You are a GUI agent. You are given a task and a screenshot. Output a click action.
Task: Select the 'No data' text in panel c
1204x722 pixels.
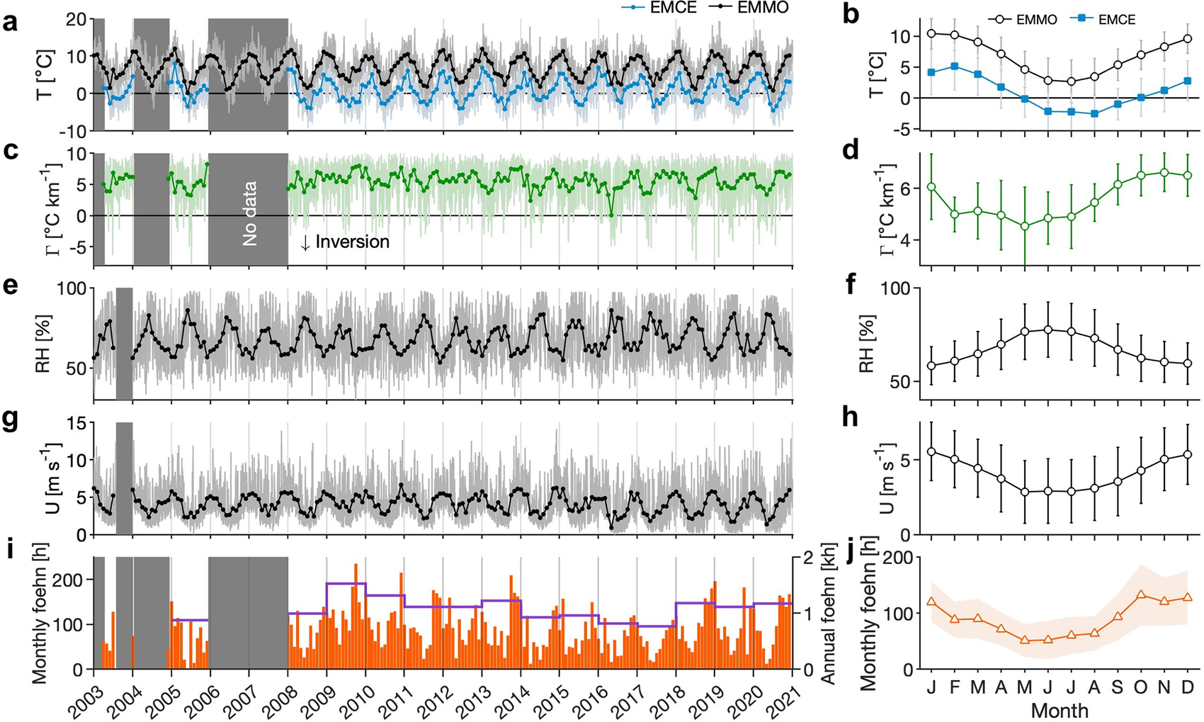(249, 213)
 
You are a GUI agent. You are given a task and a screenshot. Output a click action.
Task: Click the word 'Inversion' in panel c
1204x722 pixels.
(353, 242)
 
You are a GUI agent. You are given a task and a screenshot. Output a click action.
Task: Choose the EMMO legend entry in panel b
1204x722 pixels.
(1019, 20)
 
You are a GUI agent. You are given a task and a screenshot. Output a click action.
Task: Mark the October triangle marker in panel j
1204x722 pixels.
(1141, 594)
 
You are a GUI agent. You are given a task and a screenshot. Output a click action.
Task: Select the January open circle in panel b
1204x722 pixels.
(931, 33)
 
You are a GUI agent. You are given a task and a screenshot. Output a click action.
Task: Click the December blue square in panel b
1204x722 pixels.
(1188, 81)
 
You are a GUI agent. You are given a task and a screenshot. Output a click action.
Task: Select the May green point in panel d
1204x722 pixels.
(1024, 226)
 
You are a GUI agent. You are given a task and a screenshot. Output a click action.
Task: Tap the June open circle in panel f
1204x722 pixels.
(1047, 329)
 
